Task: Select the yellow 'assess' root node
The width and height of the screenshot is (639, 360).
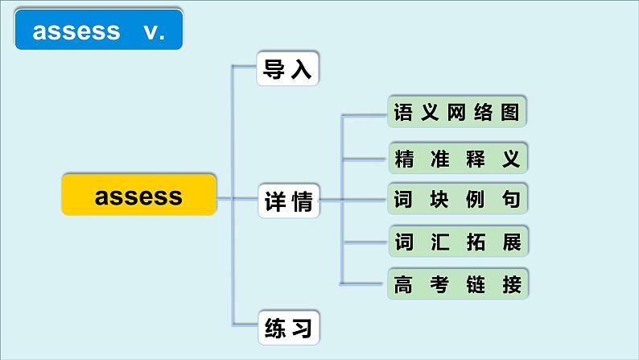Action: click(x=139, y=195)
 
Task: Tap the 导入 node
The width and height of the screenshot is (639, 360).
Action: click(x=288, y=68)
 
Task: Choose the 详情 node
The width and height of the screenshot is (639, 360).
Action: click(x=288, y=202)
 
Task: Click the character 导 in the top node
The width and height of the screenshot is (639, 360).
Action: click(x=274, y=68)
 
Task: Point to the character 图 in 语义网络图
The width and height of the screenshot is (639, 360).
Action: click(x=510, y=111)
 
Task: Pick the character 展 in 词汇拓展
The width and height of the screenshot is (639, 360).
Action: click(x=511, y=241)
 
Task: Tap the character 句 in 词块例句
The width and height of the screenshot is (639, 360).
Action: click(x=511, y=197)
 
